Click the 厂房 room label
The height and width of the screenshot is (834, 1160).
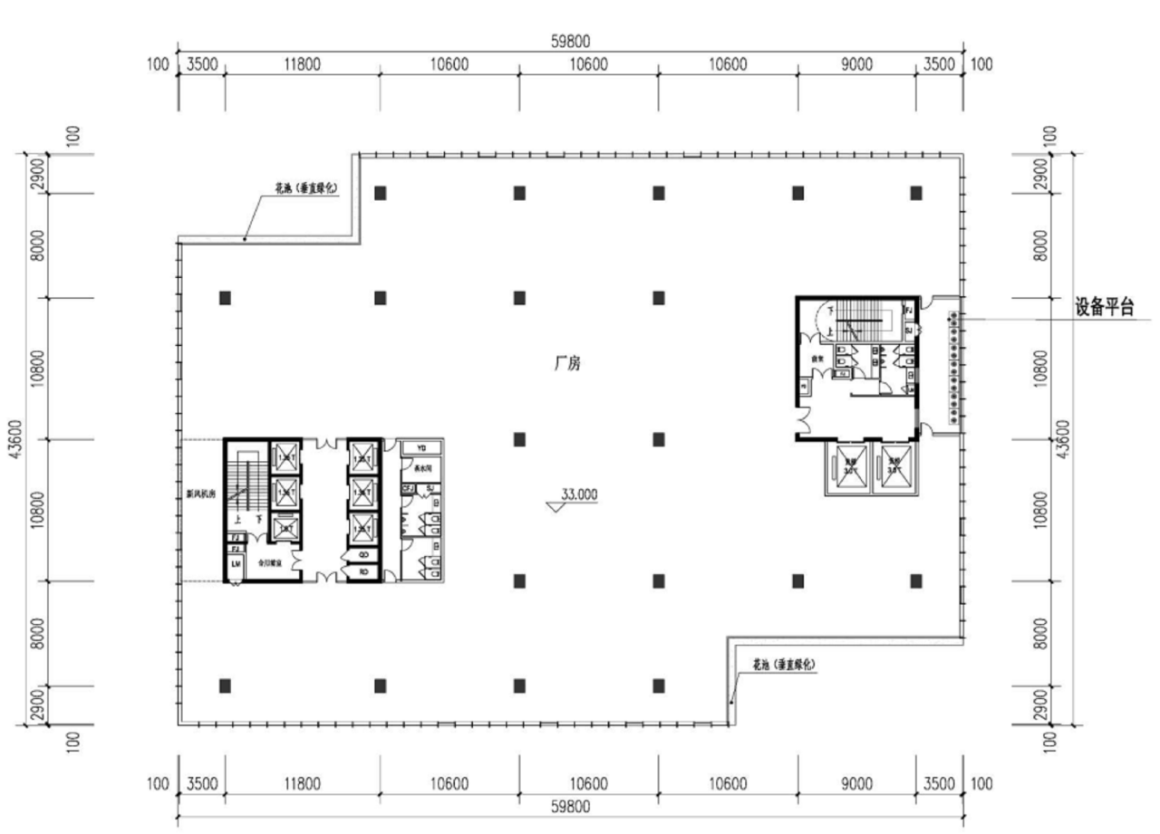[x=567, y=364]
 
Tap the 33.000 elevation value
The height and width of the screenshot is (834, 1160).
[x=579, y=494]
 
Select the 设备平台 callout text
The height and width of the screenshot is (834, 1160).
[x=1105, y=307]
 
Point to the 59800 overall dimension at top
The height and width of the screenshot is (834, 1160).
[x=570, y=42]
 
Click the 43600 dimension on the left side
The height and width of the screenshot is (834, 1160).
[x=14, y=439]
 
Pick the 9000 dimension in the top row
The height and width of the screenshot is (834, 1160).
[x=856, y=64]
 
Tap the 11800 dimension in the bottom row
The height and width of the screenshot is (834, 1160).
[x=301, y=783]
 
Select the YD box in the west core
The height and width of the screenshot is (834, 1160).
[x=420, y=447]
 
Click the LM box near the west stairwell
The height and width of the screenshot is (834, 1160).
[x=236, y=564]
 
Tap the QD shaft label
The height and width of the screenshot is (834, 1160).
[x=362, y=555]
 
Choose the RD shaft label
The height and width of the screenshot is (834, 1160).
[x=362, y=571]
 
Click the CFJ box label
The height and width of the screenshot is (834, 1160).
[x=407, y=489]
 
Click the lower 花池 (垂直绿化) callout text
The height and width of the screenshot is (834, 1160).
[x=785, y=664]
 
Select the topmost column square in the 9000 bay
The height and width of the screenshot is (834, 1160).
[x=916, y=193]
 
